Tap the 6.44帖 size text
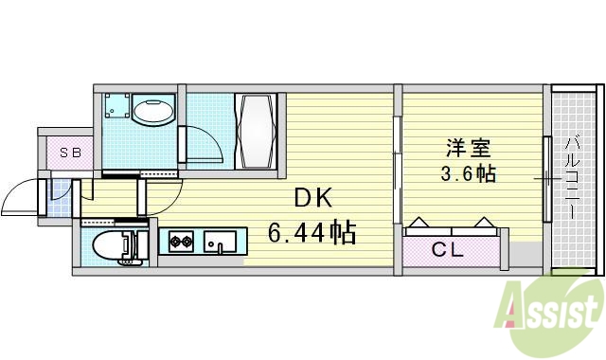(312, 233)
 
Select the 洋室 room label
(470, 148)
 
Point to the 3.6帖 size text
(469, 174)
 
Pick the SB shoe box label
(70, 152)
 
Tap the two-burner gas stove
(181, 243)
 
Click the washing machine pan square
(116, 108)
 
